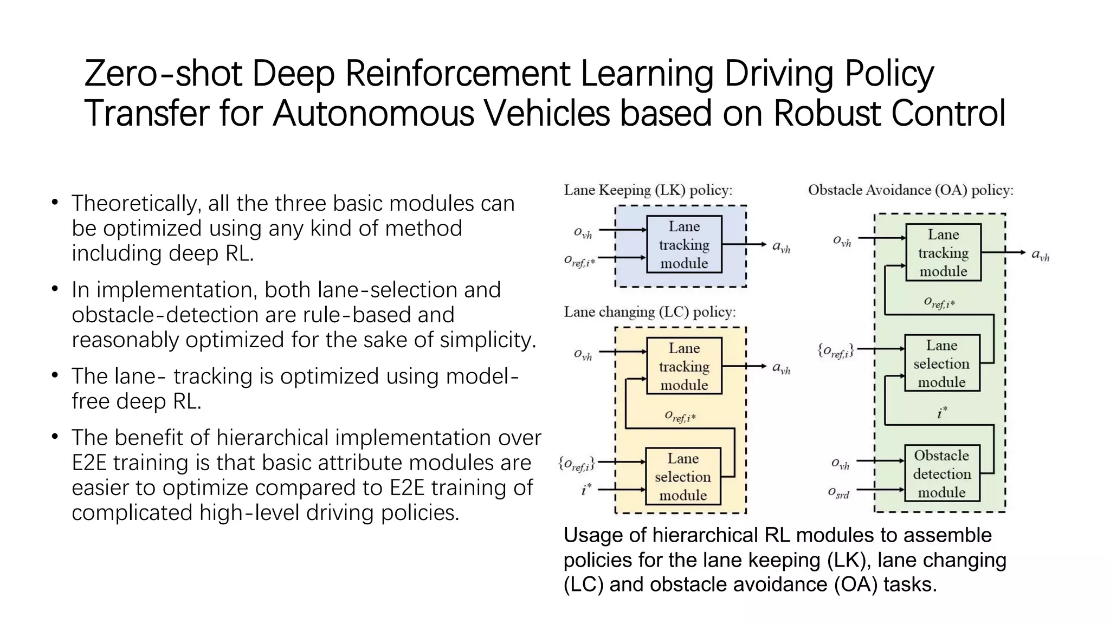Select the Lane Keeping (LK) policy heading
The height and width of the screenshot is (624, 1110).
[x=648, y=190]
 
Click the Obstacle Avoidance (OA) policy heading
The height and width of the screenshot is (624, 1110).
[x=911, y=190]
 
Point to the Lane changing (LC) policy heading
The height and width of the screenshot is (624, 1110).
[x=649, y=312]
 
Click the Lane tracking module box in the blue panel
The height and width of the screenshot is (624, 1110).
[x=684, y=245]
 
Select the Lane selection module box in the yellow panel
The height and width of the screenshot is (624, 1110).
[x=683, y=477]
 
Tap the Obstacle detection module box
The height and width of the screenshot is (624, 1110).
[x=942, y=474]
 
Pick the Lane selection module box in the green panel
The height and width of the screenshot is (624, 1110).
[x=942, y=363]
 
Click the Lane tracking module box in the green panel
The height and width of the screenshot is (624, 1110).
[x=943, y=253]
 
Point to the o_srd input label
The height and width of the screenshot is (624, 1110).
[x=838, y=493]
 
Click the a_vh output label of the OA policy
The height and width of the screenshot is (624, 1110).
[x=1040, y=255]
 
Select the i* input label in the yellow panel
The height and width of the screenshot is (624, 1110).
[x=586, y=490]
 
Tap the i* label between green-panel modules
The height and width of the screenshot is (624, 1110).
[x=942, y=413]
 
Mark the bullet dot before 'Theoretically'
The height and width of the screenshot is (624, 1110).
[x=55, y=203]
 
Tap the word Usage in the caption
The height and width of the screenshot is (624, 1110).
[x=592, y=535]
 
